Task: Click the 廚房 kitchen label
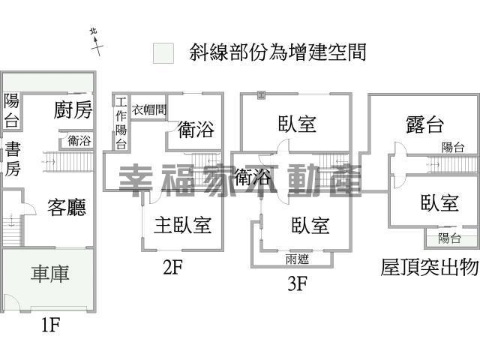(73, 110)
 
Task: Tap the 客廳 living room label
(67, 207)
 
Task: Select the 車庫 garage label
(50, 274)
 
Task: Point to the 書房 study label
(13, 159)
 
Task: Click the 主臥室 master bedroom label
(182, 224)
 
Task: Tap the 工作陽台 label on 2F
(121, 123)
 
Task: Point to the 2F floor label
(172, 267)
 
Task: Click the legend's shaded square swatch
(163, 52)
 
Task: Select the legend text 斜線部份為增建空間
(277, 52)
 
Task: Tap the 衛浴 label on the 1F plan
(79, 140)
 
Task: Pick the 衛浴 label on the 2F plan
(196, 130)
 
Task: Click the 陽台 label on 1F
(11, 110)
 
